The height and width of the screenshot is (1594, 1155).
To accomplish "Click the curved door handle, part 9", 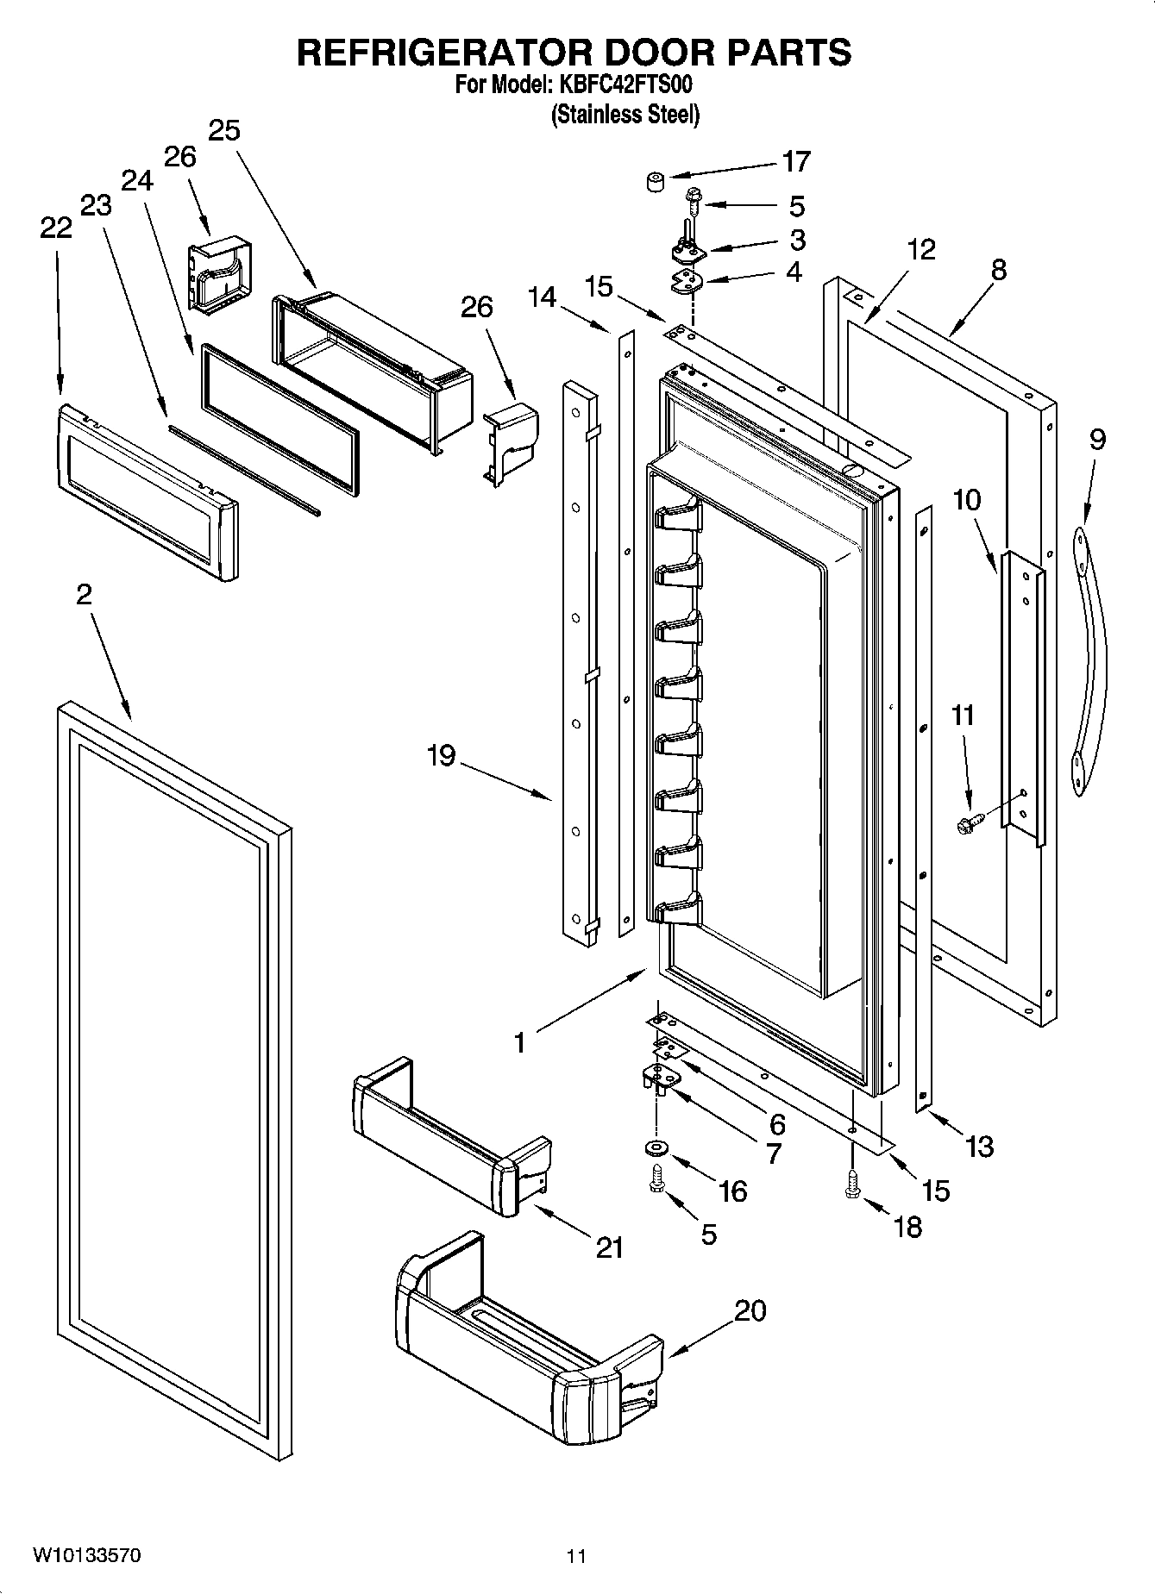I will pyautogui.click(x=1089, y=659).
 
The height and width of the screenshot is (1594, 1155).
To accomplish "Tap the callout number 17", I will pyautogui.click(x=795, y=161).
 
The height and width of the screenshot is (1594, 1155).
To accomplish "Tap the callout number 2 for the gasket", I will pyautogui.click(x=84, y=594).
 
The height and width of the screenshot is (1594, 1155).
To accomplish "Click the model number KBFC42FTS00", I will pyautogui.click(x=618, y=85).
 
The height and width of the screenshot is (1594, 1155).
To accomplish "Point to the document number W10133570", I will pyautogui.click(x=86, y=1555).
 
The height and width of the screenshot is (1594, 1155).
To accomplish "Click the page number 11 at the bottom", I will pyautogui.click(x=576, y=1556).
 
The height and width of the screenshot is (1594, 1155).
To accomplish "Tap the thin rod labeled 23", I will pyautogui.click(x=244, y=471).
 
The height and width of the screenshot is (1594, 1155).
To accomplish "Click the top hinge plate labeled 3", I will pyautogui.click(x=687, y=250).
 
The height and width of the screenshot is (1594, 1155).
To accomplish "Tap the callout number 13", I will pyautogui.click(x=979, y=1146).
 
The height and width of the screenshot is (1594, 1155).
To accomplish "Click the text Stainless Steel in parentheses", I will pyautogui.click(x=625, y=114).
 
